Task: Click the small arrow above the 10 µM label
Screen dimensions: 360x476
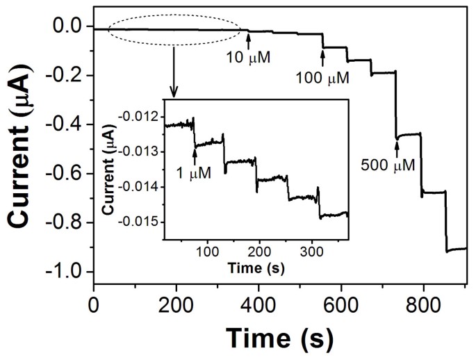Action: click(x=249, y=42)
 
